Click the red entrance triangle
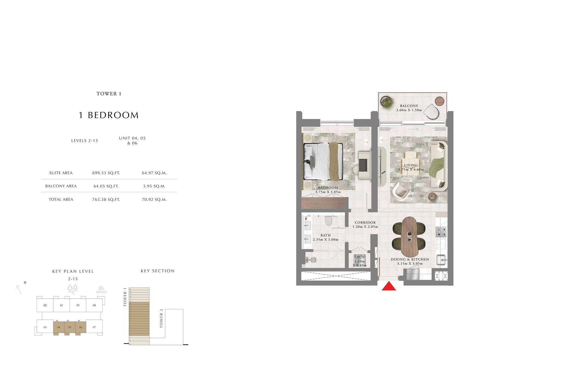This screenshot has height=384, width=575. pos(389,287)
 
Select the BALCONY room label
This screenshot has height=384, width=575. pos(409,106)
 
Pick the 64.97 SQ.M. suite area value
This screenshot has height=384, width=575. pos(154,173)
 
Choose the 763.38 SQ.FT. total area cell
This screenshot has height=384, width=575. pos(106,200)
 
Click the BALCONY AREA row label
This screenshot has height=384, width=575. pos(61,186)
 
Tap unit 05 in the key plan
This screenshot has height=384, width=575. pos(69,327)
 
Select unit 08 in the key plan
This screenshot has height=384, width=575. pos(94,305)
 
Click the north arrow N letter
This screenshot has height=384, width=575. pos(25,283)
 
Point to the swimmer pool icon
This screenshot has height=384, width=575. pos(101,290)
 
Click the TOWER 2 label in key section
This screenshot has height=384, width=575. pos(161,320)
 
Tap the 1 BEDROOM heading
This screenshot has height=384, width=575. pos(109,115)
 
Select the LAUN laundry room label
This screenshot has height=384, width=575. pos(359,257)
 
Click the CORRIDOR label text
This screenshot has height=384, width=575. pos(365,223)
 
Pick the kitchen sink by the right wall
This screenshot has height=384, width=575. pos(441,260)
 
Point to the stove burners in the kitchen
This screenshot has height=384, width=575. pos(441,231)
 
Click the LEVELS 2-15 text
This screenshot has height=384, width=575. pos(84,141)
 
